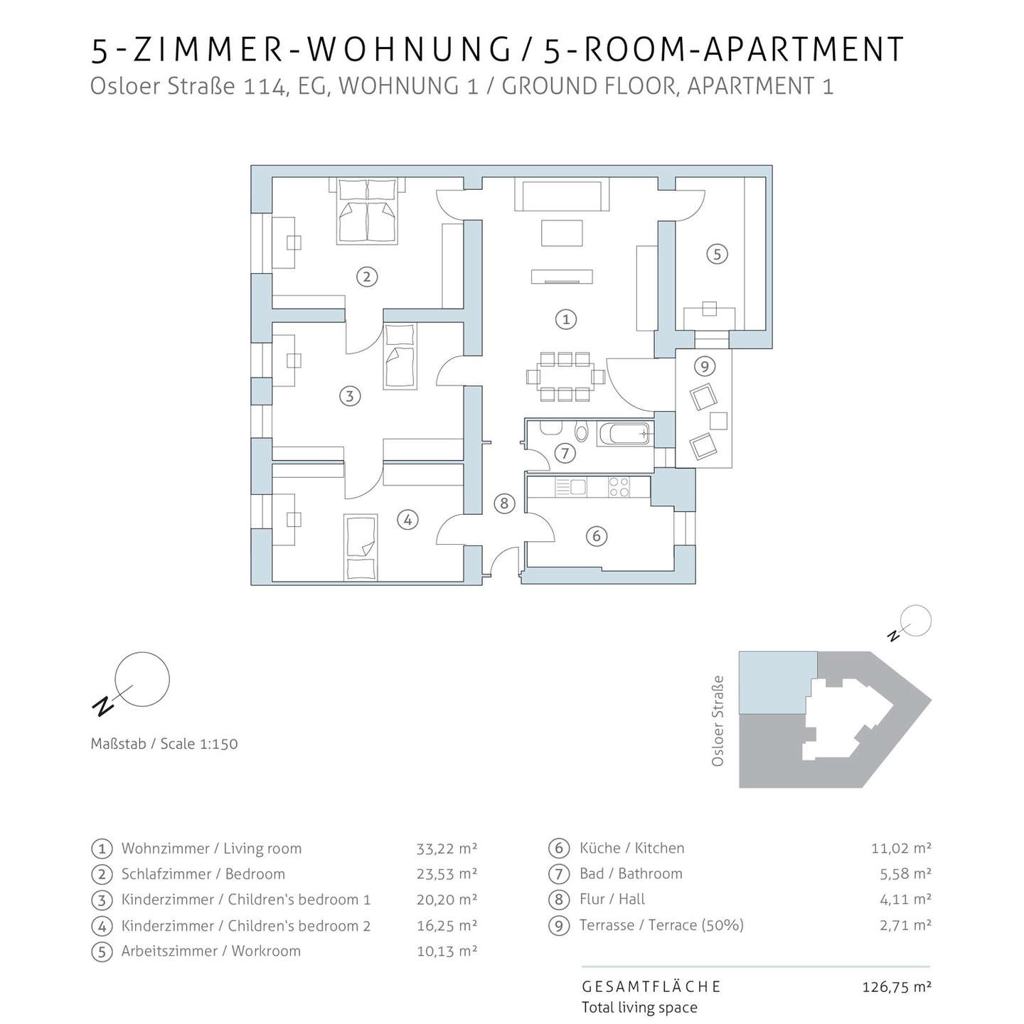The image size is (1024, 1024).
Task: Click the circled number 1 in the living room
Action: [565, 319]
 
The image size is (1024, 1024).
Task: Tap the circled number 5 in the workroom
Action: [717, 254]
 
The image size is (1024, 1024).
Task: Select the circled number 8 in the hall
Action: [503, 503]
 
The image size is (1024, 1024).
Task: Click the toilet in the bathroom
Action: [582, 432]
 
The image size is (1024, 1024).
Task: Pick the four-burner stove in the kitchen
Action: [619, 487]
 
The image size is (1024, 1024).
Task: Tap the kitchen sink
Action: [571, 487]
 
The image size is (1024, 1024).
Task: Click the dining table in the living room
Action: [565, 377]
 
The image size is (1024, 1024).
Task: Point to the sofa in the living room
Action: [561, 194]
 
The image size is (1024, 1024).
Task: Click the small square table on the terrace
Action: [718, 421]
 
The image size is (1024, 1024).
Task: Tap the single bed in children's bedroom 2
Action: [361, 547]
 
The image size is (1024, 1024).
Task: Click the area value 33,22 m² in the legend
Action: [447, 848]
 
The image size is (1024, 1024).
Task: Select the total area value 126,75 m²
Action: [897, 987]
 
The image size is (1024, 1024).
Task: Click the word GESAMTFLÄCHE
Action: [651, 987]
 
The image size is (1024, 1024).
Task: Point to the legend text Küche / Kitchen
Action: [632, 848]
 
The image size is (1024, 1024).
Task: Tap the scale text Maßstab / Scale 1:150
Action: [164, 744]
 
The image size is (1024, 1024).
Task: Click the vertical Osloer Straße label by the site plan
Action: [718, 720]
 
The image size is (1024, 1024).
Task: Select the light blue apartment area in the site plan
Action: [777, 683]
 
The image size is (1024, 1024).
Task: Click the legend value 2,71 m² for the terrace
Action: [905, 925]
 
